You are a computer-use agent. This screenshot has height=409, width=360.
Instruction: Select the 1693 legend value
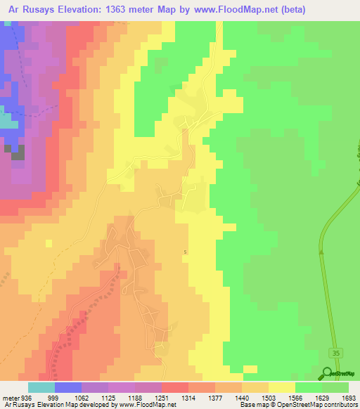coord(349,398)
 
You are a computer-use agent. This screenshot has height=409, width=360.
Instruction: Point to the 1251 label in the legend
coord(161,398)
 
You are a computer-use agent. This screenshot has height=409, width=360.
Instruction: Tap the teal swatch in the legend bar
coord(41,387)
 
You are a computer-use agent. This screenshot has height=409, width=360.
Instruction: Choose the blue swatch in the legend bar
coord(68,387)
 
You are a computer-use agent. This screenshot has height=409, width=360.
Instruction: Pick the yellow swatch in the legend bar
coord(282,387)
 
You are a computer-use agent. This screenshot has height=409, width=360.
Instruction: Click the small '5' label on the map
coord(185,252)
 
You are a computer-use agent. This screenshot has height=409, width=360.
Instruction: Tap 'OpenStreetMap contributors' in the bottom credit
coord(319,405)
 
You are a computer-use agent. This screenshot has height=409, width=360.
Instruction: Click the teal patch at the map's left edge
coord(7,120)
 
